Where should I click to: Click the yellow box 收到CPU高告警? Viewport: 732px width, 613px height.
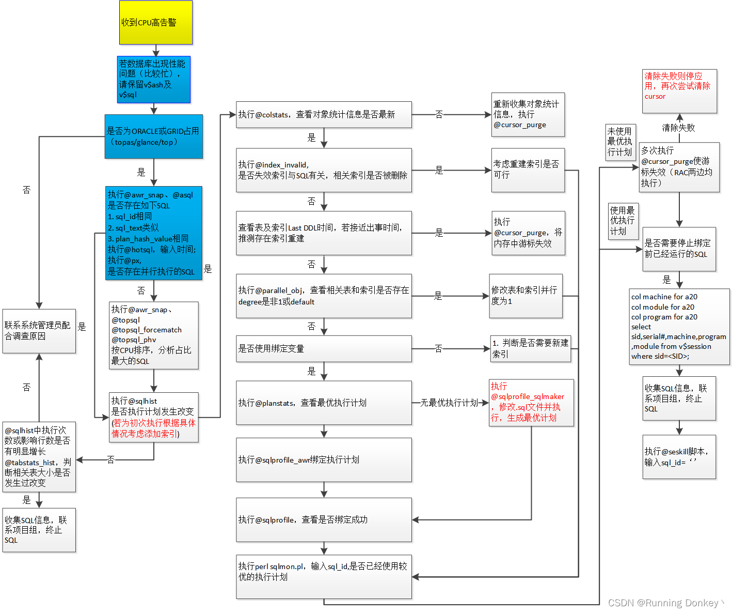click(x=155, y=22)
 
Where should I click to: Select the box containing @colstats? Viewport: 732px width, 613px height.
click(x=324, y=114)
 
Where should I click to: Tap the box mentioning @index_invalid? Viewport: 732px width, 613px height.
click(x=324, y=170)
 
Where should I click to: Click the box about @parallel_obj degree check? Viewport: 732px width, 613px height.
click(x=324, y=296)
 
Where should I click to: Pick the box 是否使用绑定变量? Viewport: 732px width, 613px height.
click(x=324, y=348)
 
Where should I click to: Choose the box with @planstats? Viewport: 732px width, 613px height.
click(x=324, y=403)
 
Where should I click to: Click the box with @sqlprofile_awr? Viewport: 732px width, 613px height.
click(x=324, y=459)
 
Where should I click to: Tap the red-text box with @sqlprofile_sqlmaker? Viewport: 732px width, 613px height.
click(x=531, y=402)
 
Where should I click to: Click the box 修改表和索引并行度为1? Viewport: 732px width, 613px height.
click(x=526, y=296)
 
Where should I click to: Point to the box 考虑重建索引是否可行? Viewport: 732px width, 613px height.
click(x=528, y=170)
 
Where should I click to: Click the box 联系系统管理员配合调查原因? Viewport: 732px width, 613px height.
click(x=39, y=331)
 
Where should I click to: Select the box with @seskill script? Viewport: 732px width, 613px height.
click(x=679, y=457)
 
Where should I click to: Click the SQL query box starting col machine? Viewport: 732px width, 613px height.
click(x=679, y=326)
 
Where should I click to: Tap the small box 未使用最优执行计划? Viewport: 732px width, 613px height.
click(x=620, y=142)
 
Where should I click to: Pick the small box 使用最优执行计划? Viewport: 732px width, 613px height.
click(x=623, y=221)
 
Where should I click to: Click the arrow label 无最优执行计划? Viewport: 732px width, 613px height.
click(x=449, y=403)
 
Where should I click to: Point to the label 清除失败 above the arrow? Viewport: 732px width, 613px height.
click(x=678, y=128)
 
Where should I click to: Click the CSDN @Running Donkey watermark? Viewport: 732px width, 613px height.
click(x=665, y=603)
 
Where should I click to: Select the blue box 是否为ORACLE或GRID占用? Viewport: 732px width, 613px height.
click(x=153, y=136)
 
